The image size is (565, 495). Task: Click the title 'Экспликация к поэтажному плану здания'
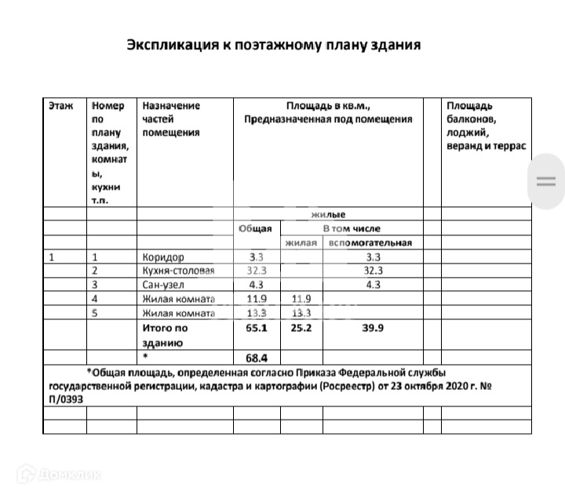(x=274, y=45)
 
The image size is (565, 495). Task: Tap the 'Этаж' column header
(x=60, y=105)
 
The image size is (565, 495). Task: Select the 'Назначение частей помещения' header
(x=171, y=118)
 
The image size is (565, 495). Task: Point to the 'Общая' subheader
(x=255, y=228)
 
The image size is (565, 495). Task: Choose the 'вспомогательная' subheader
(x=370, y=242)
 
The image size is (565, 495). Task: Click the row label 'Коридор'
(x=163, y=257)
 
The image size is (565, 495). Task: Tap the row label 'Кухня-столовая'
(x=178, y=271)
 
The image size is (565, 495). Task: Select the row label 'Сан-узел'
(x=164, y=285)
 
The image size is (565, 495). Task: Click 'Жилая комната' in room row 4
(x=178, y=299)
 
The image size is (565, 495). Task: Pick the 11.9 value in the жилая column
(x=301, y=299)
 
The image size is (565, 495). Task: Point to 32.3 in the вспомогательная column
(x=373, y=271)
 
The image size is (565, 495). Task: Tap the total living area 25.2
(x=301, y=329)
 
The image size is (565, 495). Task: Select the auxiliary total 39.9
(x=373, y=329)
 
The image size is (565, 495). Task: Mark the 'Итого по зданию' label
(x=165, y=336)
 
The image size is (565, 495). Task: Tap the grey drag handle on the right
(x=545, y=181)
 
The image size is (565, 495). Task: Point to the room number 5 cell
(x=95, y=313)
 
